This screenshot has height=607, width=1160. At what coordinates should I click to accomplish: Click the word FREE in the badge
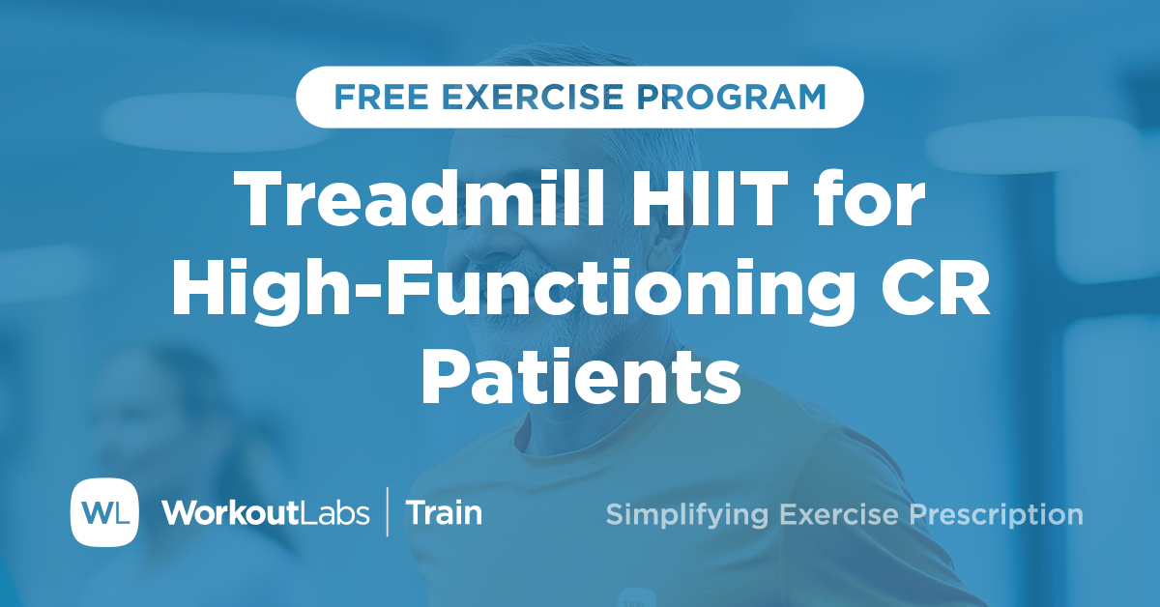[370, 97]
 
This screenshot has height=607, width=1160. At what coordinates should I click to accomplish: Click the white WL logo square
[104, 512]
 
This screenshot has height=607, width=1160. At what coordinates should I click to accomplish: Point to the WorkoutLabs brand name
[266, 513]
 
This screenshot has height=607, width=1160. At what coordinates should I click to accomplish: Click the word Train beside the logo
[444, 513]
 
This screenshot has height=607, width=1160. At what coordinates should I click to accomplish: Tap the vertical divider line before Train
[388, 512]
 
